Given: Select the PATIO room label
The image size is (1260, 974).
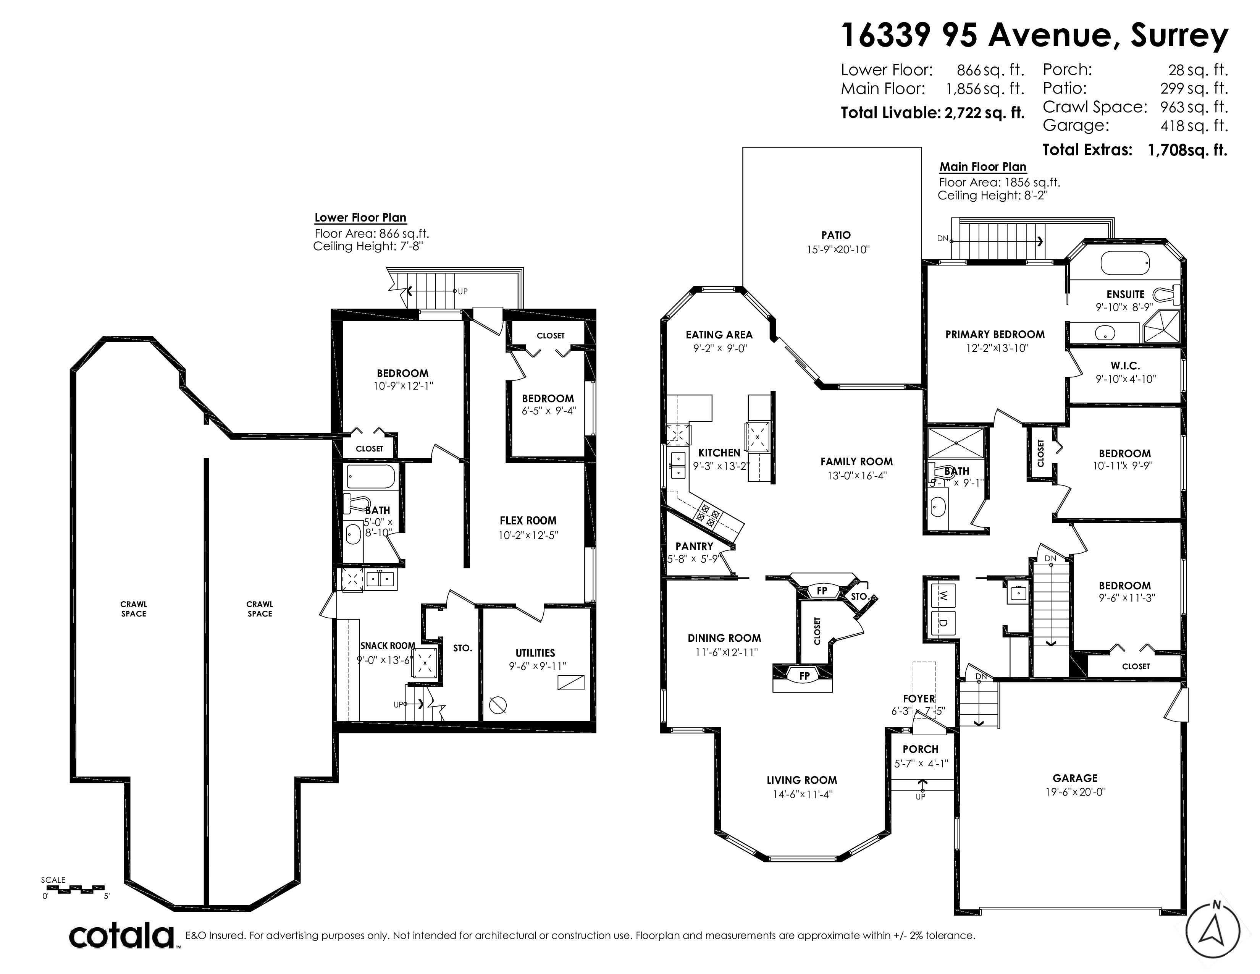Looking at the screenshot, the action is (x=836, y=235).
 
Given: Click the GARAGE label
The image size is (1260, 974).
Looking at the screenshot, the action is (x=1075, y=778).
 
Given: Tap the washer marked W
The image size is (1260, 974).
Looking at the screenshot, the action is (x=943, y=595).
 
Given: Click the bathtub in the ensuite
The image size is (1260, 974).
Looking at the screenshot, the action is (x=1125, y=264).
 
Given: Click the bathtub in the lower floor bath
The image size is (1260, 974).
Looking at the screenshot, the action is (x=370, y=477).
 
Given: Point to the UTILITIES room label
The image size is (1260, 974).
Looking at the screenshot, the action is (x=535, y=653).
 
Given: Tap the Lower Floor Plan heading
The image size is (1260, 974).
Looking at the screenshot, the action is (x=360, y=218).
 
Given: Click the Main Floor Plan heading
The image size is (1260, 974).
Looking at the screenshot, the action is (x=983, y=167).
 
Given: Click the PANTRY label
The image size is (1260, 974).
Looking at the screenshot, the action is (x=695, y=546).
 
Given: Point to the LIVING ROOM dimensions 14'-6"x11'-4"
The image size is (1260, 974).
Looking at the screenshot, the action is (x=803, y=794).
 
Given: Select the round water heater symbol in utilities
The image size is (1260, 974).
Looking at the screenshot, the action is (x=498, y=705).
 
